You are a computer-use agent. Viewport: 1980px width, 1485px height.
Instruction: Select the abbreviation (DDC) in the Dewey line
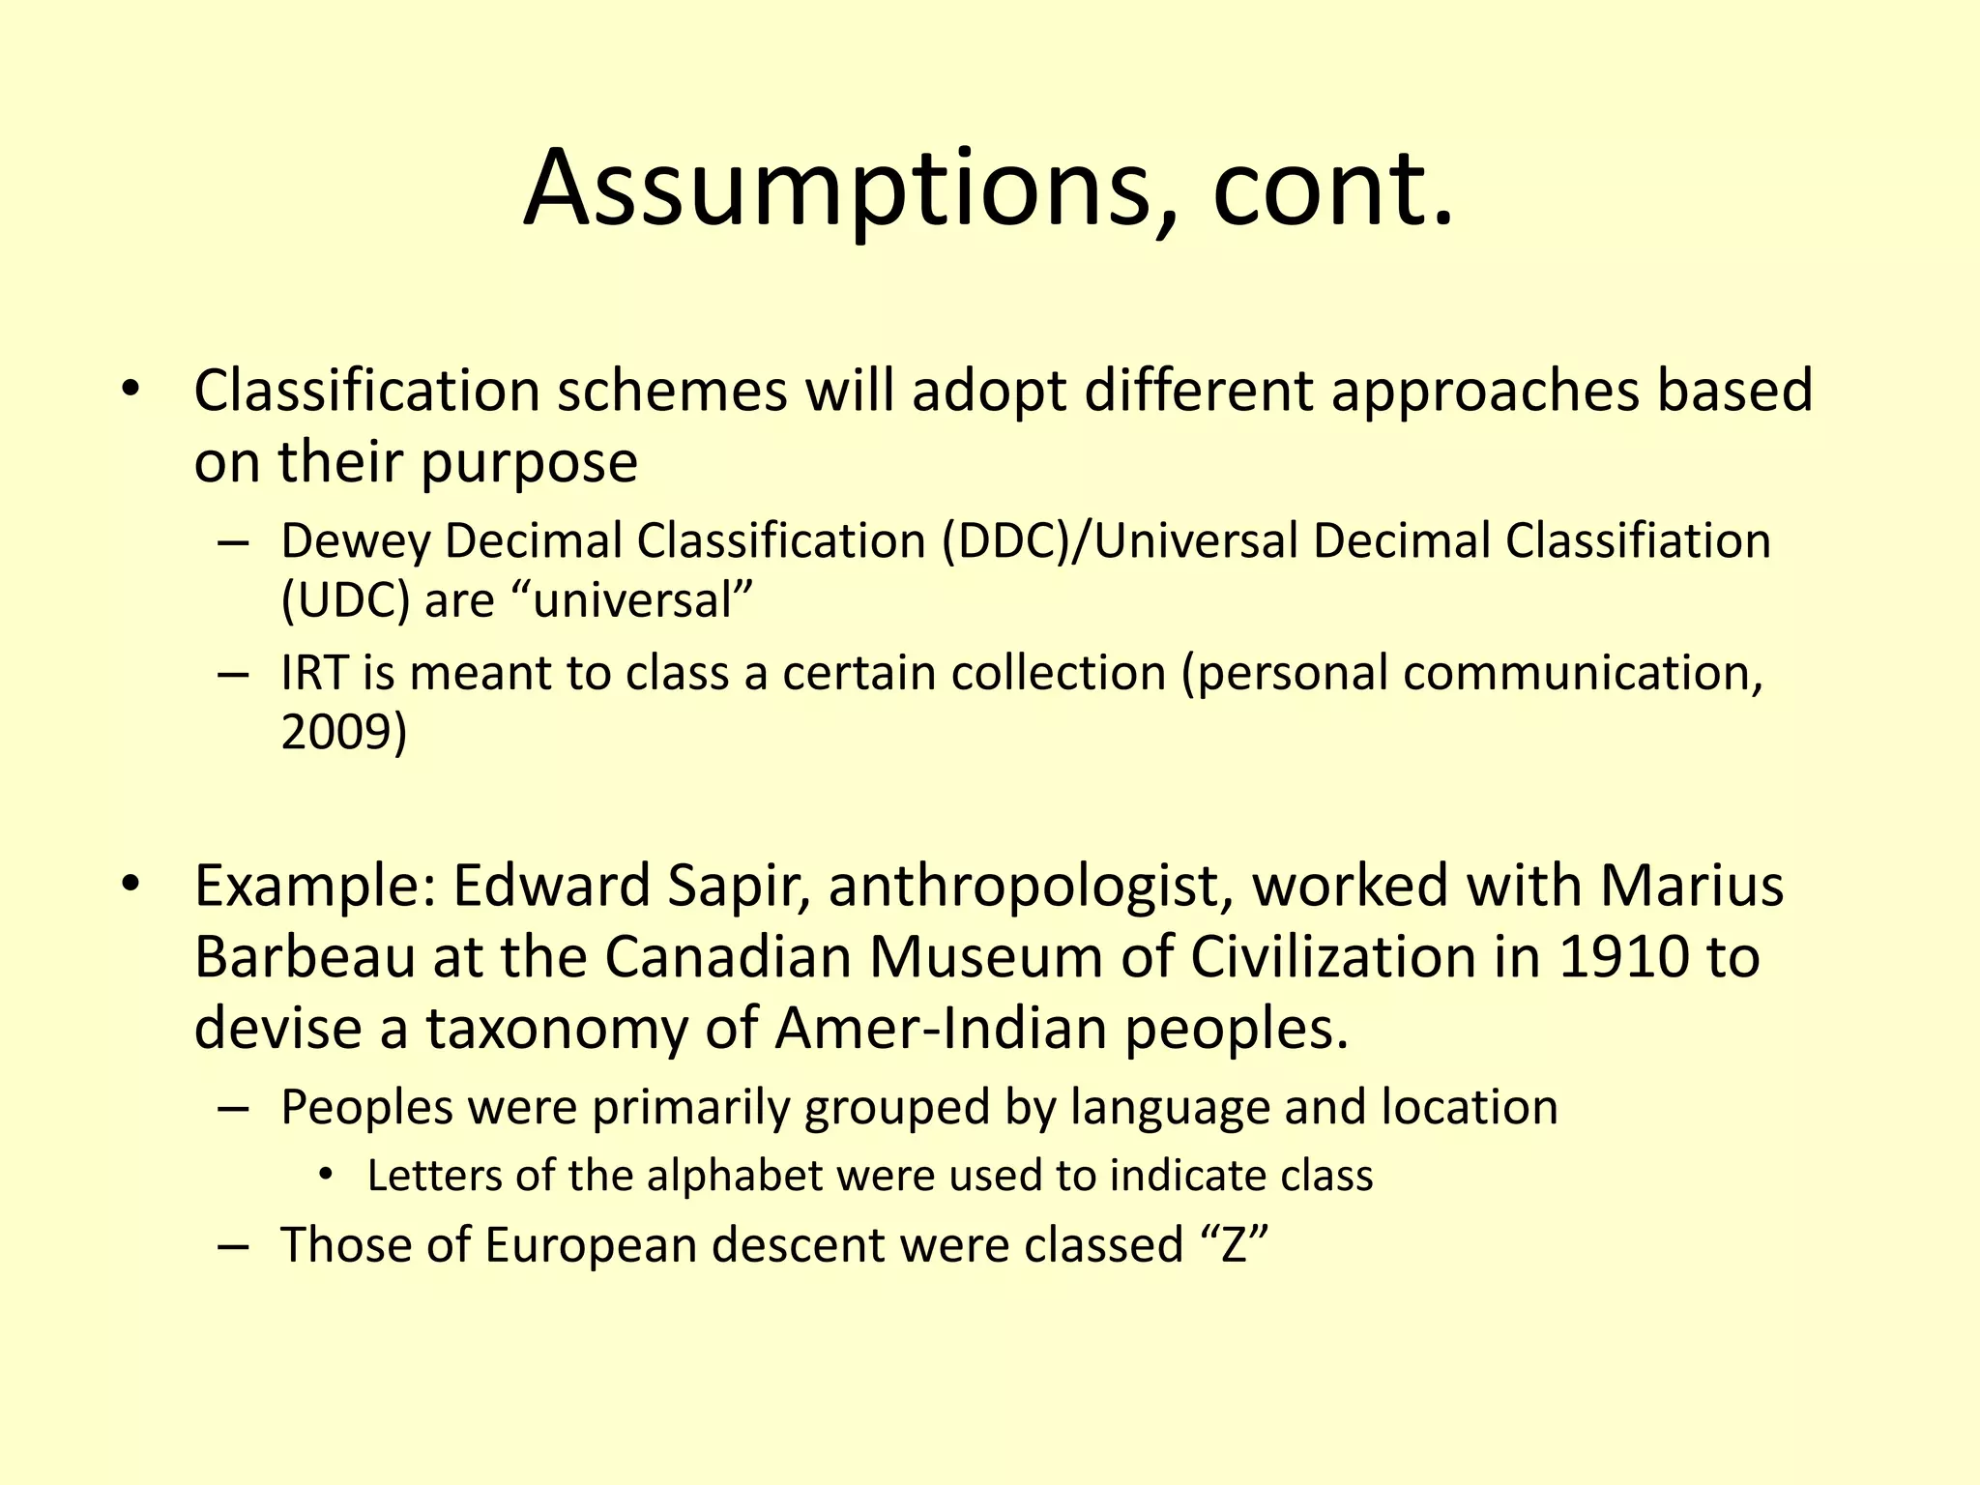(1005, 540)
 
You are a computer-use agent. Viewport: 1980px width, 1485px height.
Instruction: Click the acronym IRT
(314, 673)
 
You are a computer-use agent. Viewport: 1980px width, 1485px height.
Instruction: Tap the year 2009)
(344, 732)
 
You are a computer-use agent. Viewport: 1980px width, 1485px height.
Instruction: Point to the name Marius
(1692, 886)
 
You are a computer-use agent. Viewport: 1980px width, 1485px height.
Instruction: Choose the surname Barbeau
(306, 957)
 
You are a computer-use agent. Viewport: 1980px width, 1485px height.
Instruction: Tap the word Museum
(985, 957)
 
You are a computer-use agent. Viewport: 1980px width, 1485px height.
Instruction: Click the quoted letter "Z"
(1233, 1244)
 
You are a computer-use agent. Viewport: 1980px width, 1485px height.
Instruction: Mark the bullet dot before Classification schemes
(131, 392)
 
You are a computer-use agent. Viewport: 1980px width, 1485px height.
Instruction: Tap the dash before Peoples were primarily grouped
(233, 1108)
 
